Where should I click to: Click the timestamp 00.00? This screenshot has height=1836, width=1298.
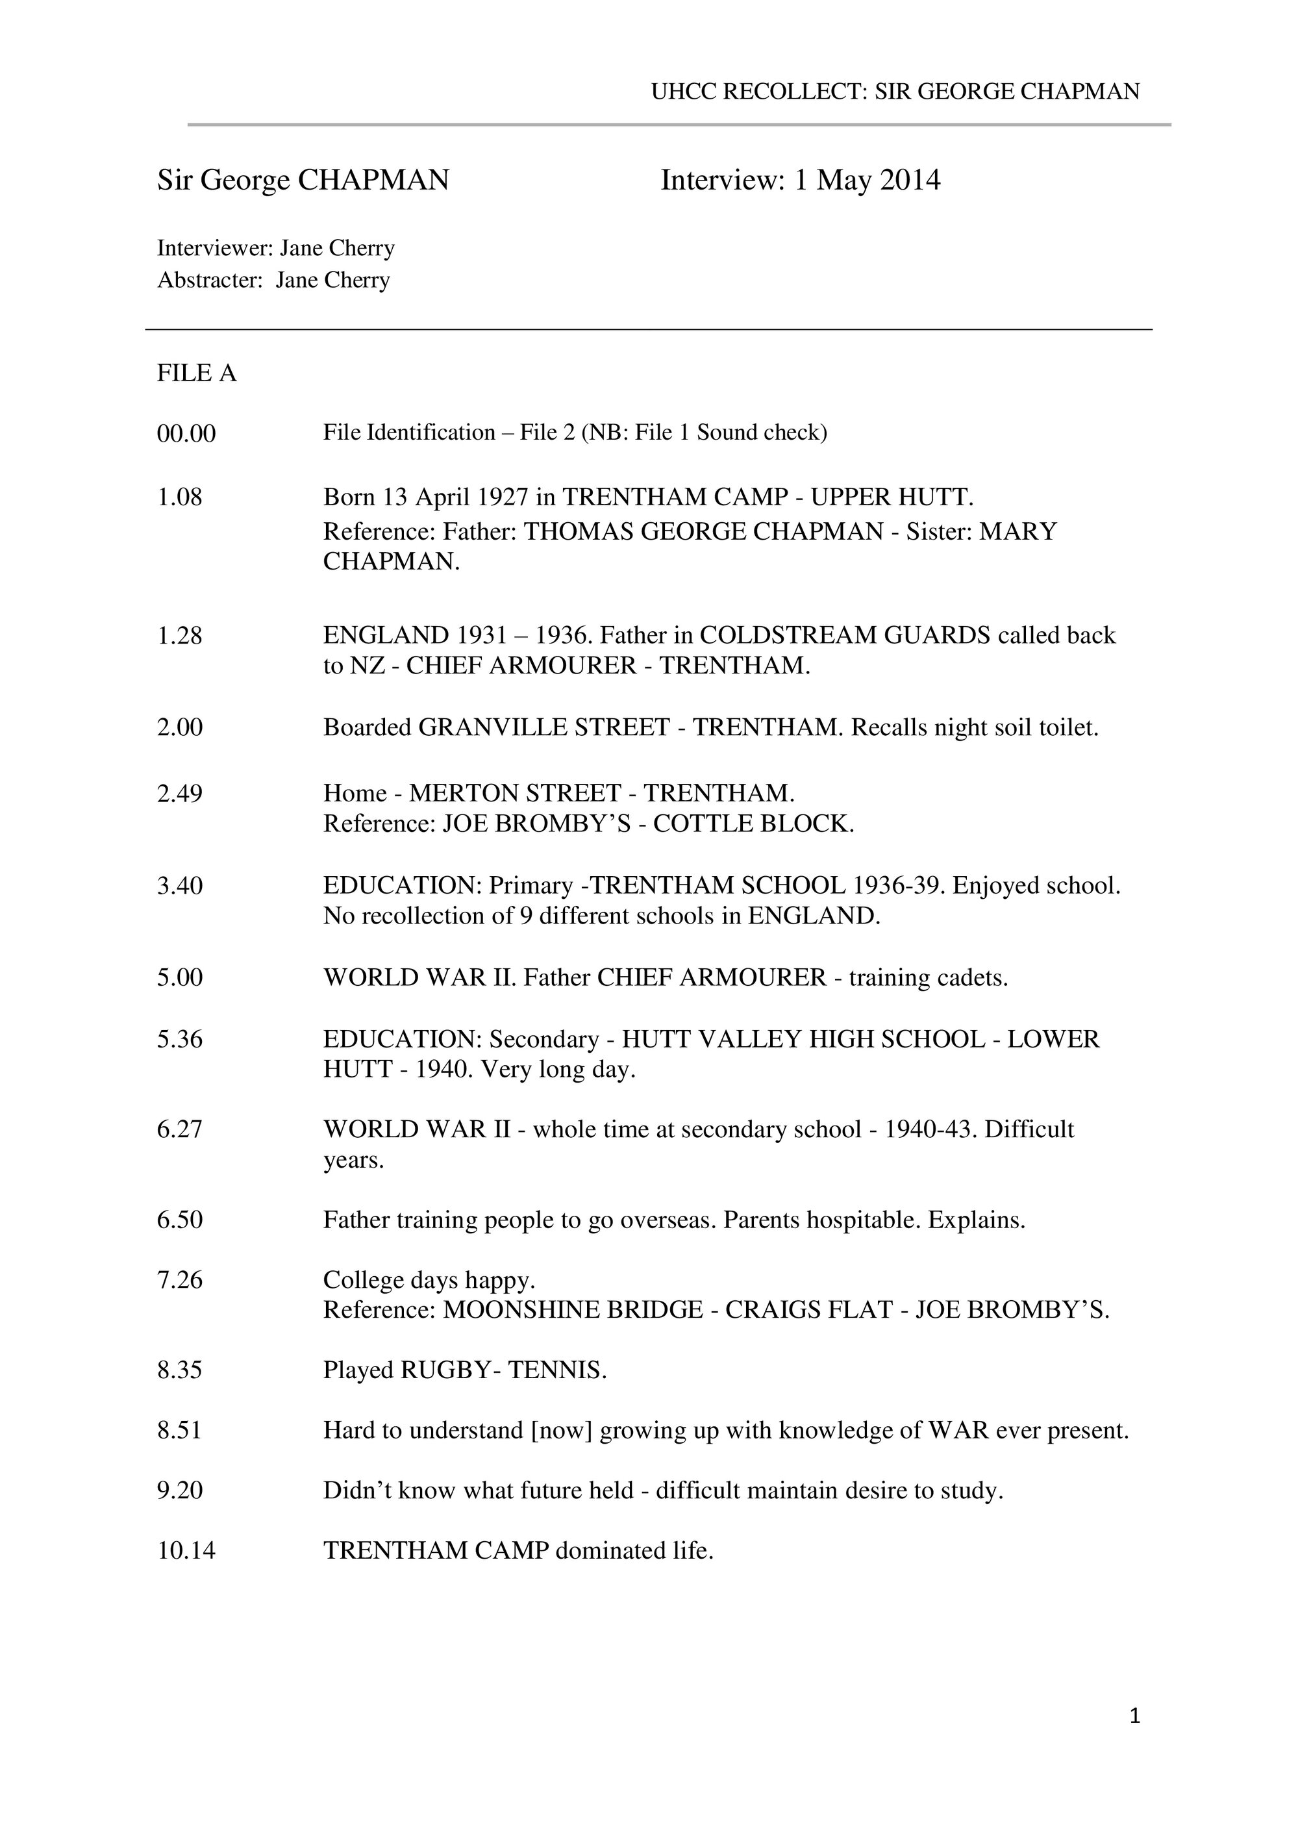[186, 434]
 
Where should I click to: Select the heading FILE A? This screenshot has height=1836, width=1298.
[197, 373]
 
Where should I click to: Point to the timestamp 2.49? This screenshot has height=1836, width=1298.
[180, 793]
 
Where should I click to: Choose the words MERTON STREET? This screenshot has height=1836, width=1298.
[515, 793]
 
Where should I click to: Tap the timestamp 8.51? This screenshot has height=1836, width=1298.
[180, 1431]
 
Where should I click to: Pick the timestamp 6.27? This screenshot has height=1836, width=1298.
[180, 1129]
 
